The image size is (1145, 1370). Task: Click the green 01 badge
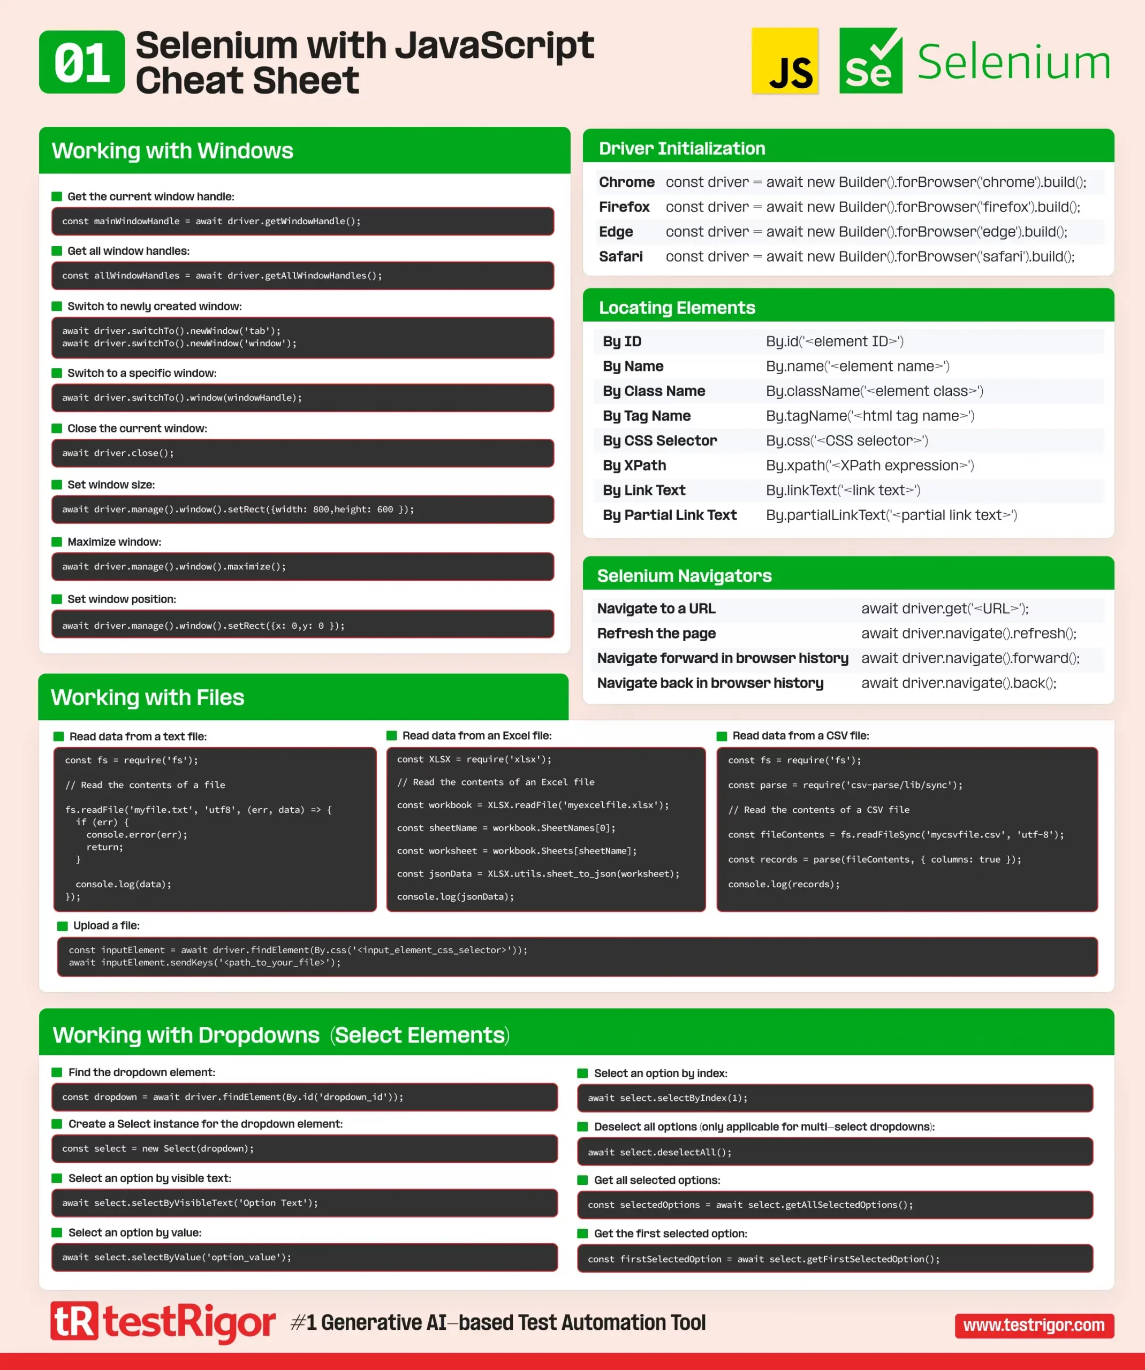[81, 62]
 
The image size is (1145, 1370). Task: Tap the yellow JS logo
[785, 62]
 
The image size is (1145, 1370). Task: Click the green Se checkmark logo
[870, 62]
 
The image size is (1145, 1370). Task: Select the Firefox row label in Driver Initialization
[624, 207]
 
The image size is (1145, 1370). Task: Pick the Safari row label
[620, 256]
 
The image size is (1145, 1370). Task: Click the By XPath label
[634, 465]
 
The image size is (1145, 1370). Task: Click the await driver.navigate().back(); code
[958, 683]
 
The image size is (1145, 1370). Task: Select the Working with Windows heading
[172, 151]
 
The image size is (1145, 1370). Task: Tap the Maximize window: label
[114, 542]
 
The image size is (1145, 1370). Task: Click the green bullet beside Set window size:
[57, 485]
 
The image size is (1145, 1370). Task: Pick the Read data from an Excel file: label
[476, 736]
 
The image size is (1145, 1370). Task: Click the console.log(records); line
[784, 884]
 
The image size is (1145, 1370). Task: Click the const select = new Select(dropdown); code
[158, 1148]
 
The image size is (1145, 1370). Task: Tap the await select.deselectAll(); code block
[835, 1152]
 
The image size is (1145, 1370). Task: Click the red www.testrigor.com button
[1034, 1325]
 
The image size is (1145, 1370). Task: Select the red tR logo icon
[74, 1321]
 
